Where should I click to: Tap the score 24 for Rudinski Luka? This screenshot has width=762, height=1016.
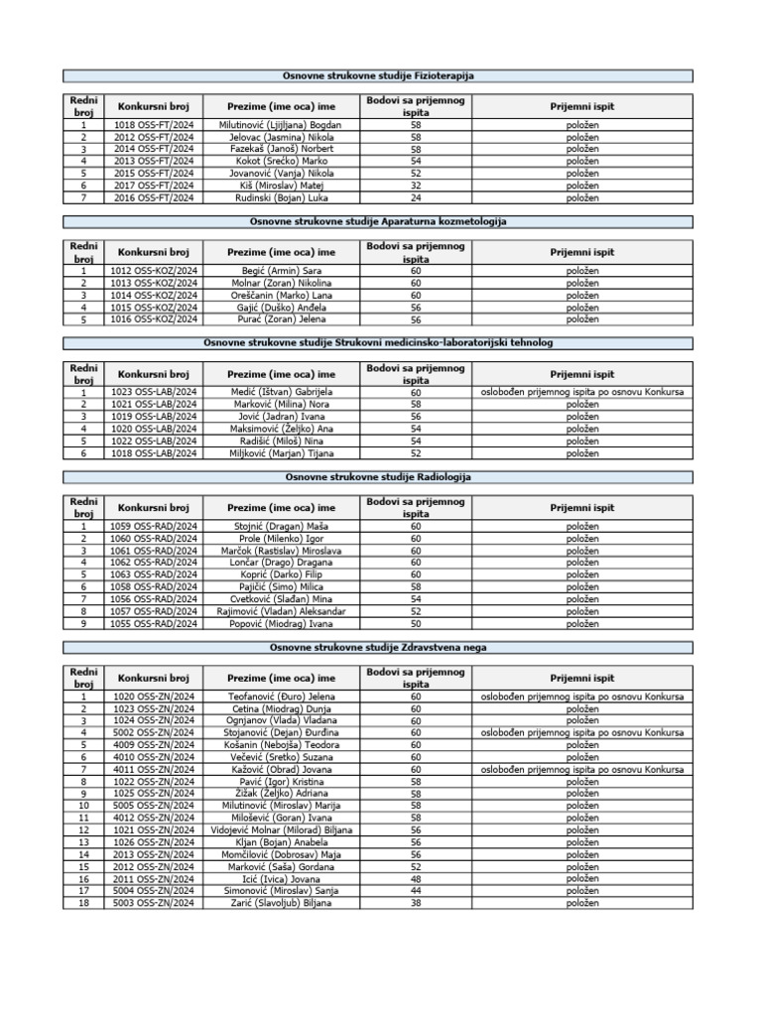[x=415, y=197]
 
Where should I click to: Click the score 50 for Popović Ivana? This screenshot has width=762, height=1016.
[x=415, y=624]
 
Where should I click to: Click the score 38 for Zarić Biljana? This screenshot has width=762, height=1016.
[x=415, y=904]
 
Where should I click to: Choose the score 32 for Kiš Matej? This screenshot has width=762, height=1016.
[x=415, y=186]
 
